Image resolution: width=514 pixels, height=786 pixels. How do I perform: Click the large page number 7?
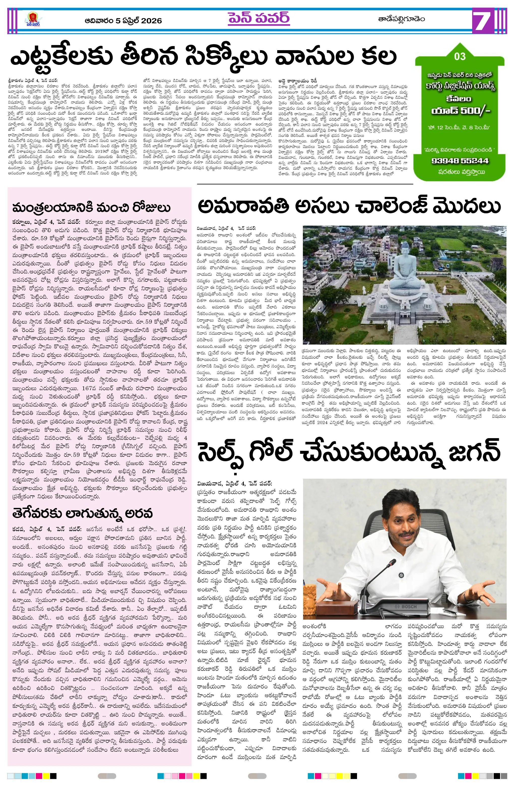(x=483, y=20)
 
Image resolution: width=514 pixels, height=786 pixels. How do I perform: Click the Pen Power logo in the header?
(x=33, y=20)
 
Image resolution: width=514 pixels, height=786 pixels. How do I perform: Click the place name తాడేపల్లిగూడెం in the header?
(x=401, y=19)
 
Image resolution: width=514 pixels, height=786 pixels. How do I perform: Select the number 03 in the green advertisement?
(x=460, y=56)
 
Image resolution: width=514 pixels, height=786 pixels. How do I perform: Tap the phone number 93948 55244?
(x=460, y=161)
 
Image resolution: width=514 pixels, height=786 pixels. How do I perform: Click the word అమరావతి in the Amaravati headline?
(x=243, y=207)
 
